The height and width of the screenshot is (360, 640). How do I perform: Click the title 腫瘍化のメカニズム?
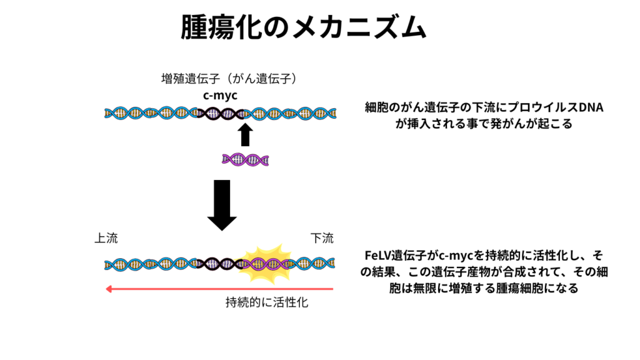tap(304, 28)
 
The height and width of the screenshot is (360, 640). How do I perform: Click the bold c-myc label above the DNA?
tap(220, 95)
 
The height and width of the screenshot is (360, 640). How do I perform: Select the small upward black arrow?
tap(245, 134)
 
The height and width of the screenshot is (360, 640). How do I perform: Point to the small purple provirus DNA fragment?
tap(246, 160)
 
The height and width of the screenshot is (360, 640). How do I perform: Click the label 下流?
tap(322, 238)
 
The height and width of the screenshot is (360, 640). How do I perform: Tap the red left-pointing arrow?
tap(219, 289)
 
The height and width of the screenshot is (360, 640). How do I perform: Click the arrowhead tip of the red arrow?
tap(107, 289)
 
